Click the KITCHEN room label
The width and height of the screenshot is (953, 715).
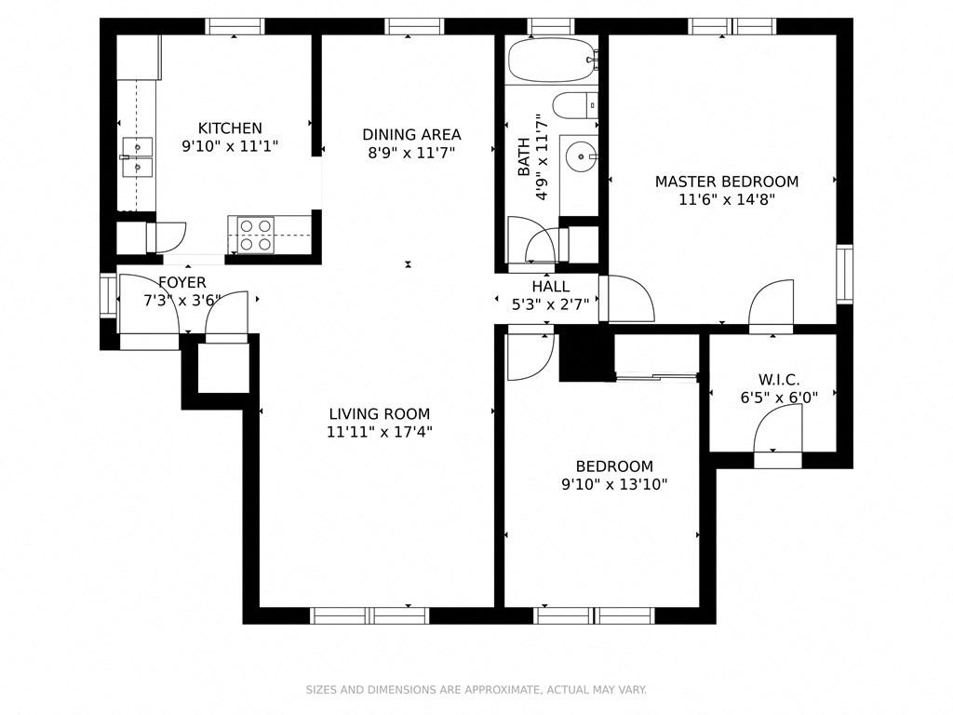230,128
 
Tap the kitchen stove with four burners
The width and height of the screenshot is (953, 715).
255,235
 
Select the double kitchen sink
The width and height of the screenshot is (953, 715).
137,157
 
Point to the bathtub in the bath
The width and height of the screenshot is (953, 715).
551,61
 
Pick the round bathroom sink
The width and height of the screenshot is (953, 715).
584,157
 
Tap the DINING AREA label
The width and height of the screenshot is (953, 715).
411,135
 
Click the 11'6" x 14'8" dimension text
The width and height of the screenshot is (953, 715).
727,199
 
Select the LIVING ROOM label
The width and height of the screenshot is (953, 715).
380,414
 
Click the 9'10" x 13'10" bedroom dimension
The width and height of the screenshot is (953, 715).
613,484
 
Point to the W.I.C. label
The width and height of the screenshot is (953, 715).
779,380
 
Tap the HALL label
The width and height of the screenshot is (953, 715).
551,287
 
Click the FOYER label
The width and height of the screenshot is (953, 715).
182,283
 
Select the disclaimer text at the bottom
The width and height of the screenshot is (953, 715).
476,690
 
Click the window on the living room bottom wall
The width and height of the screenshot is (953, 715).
369,614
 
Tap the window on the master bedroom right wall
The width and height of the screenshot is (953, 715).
844,274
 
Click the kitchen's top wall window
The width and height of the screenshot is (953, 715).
235,26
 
